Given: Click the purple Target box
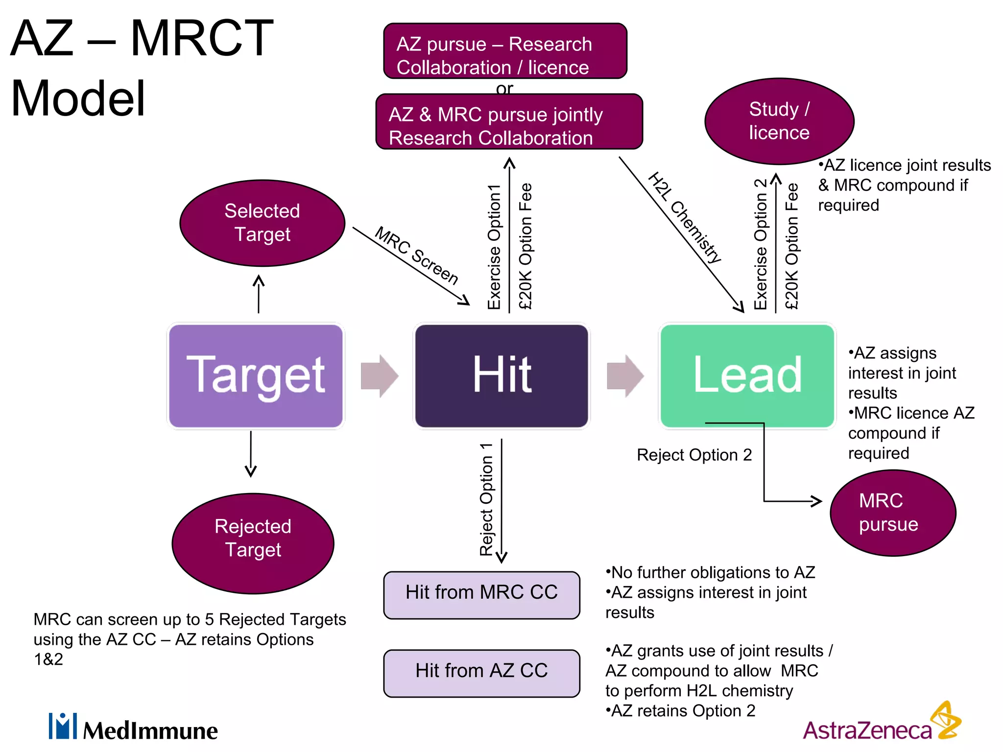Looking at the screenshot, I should [256, 376].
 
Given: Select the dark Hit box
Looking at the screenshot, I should [501, 376].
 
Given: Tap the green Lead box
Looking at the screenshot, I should [747, 376].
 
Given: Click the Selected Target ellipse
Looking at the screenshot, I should [263, 223].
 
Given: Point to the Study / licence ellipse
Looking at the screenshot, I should [779, 121].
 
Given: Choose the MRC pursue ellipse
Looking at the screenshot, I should [892, 513].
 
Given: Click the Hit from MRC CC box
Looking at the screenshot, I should [481, 594].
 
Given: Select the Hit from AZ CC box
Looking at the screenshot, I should [481, 672].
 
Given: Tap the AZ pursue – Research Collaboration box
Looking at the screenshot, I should [505, 51].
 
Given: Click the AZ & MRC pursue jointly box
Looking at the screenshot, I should [509, 122].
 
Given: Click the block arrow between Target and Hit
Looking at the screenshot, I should [379, 376].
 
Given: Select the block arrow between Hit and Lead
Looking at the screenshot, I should [625, 376].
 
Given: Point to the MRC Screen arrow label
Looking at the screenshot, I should [417, 256].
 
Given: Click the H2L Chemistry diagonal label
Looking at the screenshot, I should [685, 217].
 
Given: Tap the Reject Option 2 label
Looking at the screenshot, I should [694, 455].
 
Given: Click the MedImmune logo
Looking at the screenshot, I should [133, 728].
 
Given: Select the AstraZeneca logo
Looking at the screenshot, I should [882, 725].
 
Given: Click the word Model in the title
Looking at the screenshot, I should [78, 99].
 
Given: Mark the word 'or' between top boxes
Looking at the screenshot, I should [504, 89].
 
